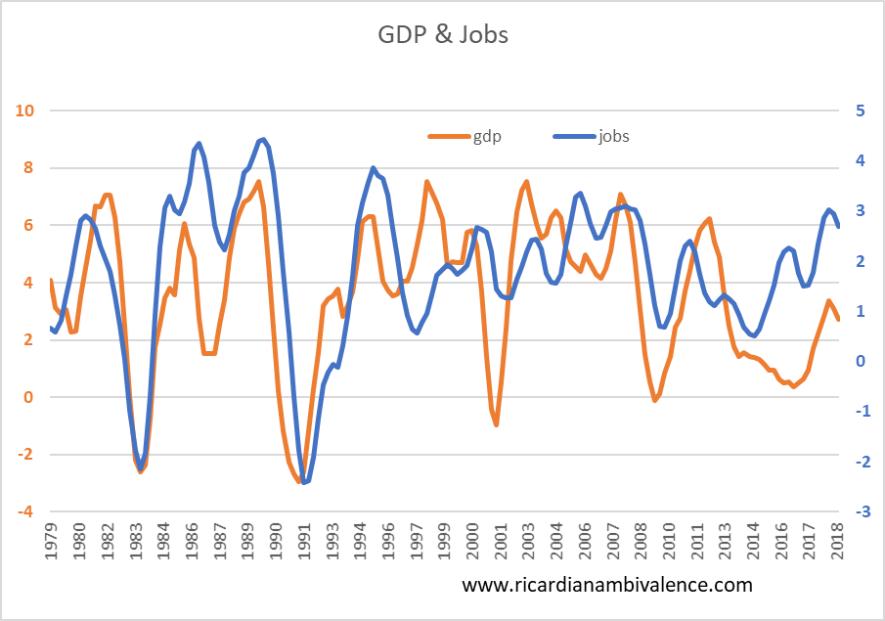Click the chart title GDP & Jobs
pyautogui.click(x=443, y=36)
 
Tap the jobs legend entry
pyautogui.click(x=613, y=136)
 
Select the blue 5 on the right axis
pyautogui.click(x=860, y=111)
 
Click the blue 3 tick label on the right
pyautogui.click(x=860, y=211)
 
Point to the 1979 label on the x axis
pyautogui.click(x=51, y=544)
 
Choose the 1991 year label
pyautogui.click(x=304, y=544)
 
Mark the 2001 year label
pyautogui.click(x=502, y=544)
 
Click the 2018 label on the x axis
pyautogui.click(x=839, y=544)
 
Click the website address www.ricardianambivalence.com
pyautogui.click(x=607, y=585)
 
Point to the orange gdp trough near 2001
pyautogui.click(x=497, y=424)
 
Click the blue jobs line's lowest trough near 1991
pyautogui.click(x=305, y=482)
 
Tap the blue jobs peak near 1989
pyautogui.click(x=262, y=139)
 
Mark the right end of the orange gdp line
pyautogui.click(x=838, y=319)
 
